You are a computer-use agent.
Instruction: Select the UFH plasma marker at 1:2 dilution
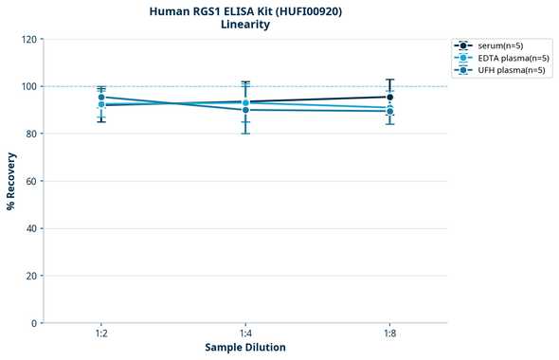pos(101,97)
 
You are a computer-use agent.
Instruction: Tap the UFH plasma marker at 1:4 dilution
pos(245,110)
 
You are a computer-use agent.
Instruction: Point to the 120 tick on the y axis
pos(27,39)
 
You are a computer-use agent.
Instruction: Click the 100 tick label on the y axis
pos(27,86)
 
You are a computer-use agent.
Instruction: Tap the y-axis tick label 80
pos(30,134)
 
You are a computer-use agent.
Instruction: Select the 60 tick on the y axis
pos(30,181)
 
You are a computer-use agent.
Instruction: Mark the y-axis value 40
pos(30,228)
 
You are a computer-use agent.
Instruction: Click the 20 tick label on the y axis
pos(30,276)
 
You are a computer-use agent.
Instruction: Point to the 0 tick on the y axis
pos(33,323)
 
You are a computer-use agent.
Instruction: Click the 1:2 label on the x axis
pos(101,334)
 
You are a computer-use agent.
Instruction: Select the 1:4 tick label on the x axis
pos(245,334)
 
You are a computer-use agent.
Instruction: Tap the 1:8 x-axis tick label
pos(390,334)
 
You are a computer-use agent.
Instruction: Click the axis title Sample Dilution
pos(245,348)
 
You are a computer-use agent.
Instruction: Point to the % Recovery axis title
pos(11,181)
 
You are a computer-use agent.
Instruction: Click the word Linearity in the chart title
pos(245,25)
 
